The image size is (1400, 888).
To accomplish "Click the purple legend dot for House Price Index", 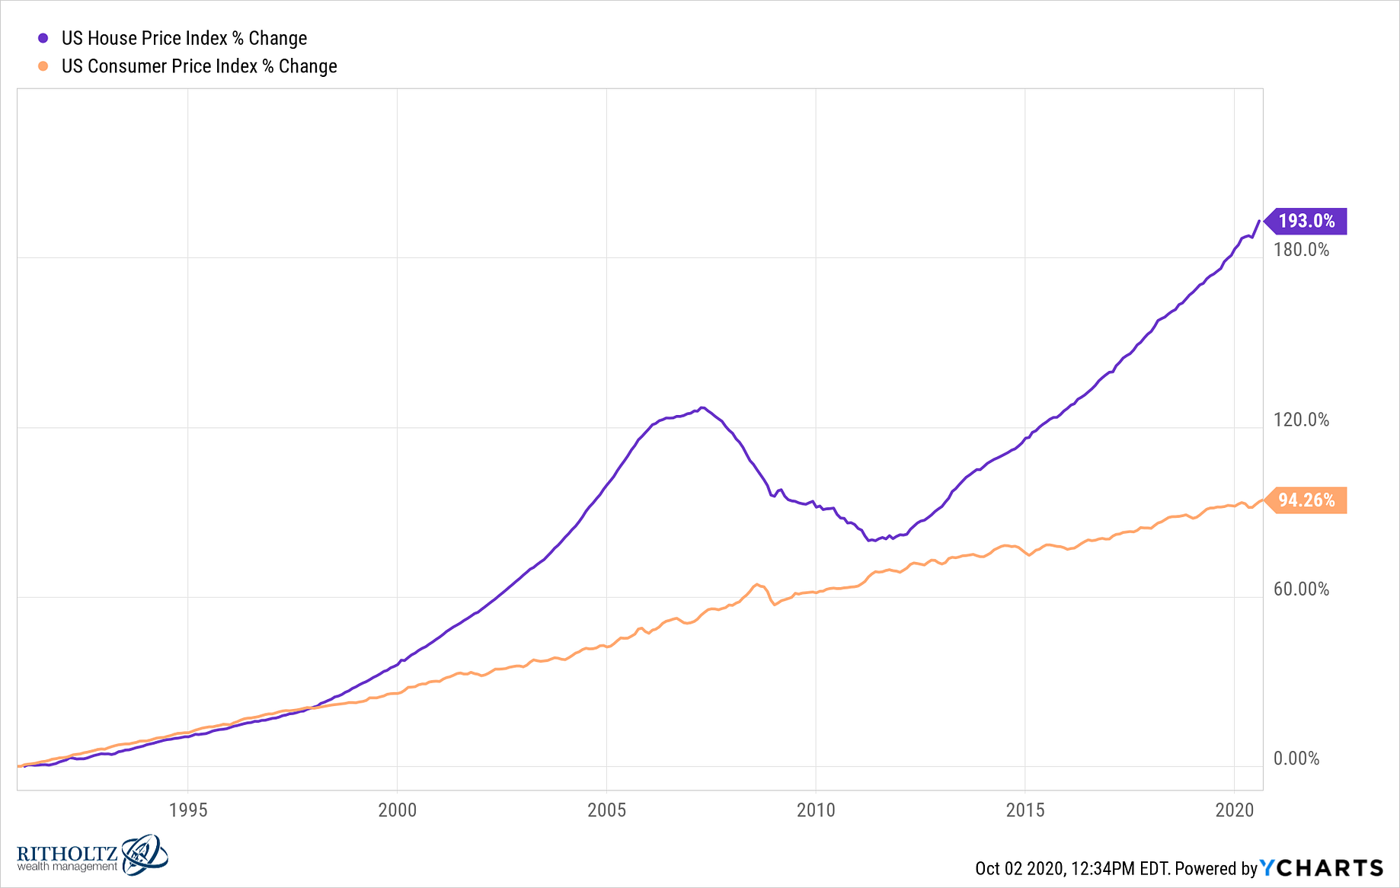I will pos(43,38).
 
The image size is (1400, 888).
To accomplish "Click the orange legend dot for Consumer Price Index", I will pos(43,66).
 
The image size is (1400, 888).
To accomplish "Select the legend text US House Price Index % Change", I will pos(184,38).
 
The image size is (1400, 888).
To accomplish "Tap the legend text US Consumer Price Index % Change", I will pos(199,66).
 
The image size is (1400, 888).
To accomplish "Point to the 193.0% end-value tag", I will pos(1306,221).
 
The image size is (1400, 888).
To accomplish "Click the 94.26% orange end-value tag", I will pos(1306,500).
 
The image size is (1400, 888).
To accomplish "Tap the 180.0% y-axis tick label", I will pos(1301,250).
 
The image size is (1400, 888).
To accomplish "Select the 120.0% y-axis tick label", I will pos(1301,420).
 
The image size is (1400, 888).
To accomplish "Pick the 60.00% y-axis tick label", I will pos(1301,589).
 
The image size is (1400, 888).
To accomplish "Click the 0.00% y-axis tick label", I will pos(1296,759).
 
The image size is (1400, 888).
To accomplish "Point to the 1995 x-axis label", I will pos(188,810).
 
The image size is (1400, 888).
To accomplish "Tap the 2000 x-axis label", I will pos(398,810).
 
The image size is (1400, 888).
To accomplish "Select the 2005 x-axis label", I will pos(606,810).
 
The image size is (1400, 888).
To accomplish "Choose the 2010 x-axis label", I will pos(816,810).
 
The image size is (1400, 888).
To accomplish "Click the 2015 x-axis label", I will pos(1025,810).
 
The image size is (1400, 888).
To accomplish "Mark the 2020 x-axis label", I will pos(1234,810).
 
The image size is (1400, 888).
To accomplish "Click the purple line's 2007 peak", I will pos(702,408).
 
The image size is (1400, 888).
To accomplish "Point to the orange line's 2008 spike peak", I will pos(756,585).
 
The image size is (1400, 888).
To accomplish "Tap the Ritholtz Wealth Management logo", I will pos(91,855).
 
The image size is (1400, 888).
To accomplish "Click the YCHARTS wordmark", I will pos(1321,868).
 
